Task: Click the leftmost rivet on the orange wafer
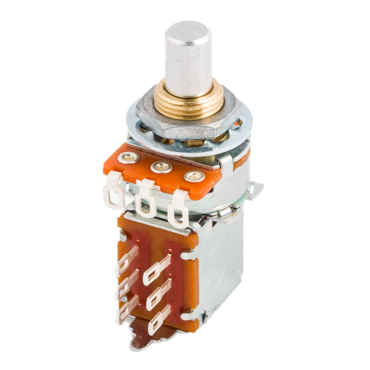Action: coord(128,158)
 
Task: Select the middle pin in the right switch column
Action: coord(158,296)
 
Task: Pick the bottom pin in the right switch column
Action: coord(157,321)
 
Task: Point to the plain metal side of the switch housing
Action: coord(222,268)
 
